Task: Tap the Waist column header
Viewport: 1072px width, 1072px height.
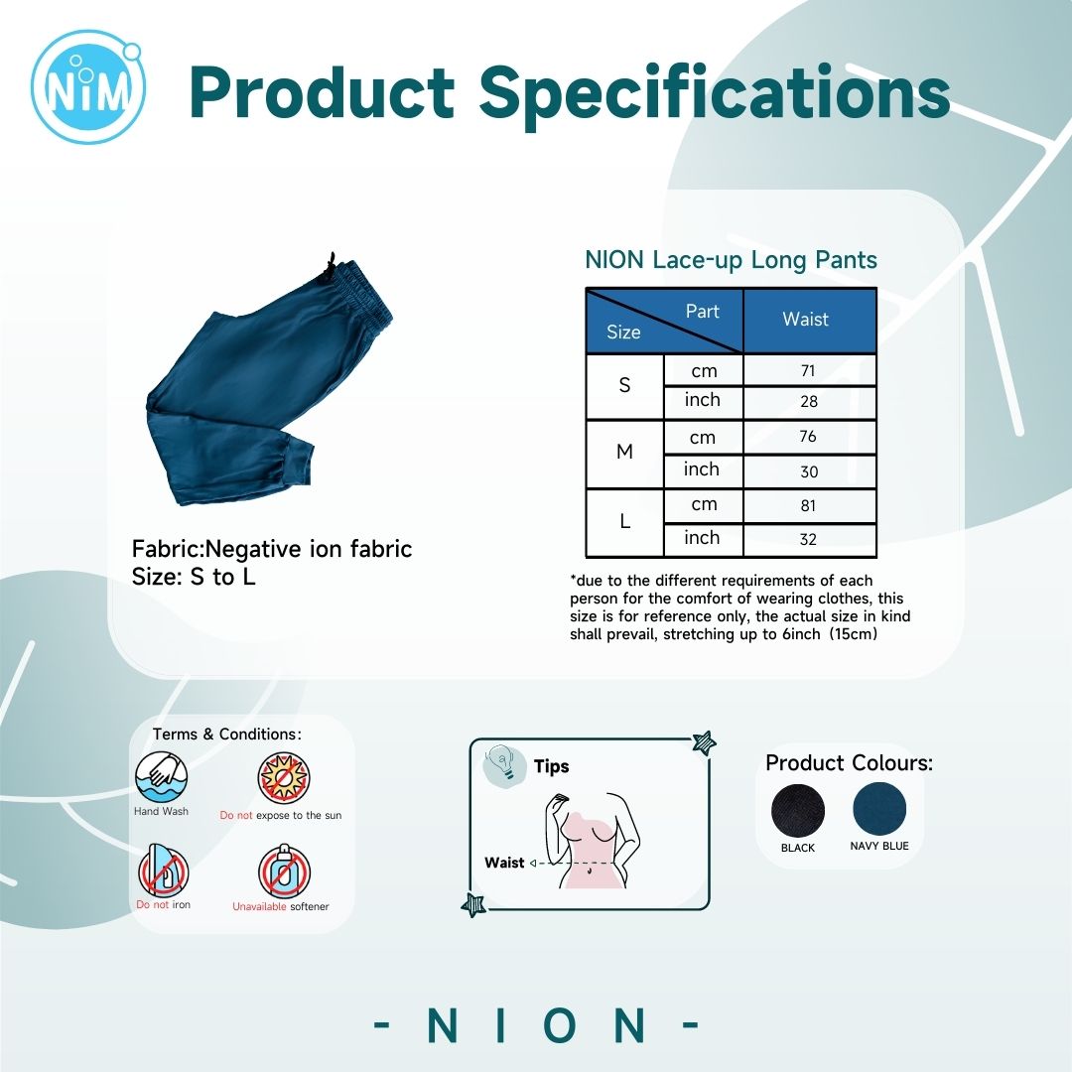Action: [805, 320]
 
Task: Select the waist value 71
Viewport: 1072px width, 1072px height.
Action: [808, 370]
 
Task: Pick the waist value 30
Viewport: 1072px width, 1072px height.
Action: [809, 471]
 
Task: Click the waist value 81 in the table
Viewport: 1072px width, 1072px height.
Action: [808, 505]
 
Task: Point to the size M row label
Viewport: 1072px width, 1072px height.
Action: [624, 452]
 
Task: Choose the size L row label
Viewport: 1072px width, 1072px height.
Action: [625, 522]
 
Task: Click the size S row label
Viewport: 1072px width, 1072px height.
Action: [624, 385]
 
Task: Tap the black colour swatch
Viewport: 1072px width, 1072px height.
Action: [798, 811]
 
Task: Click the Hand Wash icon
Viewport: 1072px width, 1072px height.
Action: [162, 777]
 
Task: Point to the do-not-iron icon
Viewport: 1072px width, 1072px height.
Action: [164, 871]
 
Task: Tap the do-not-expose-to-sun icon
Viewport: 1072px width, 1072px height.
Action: [284, 779]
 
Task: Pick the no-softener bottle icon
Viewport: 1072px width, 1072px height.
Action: [284, 871]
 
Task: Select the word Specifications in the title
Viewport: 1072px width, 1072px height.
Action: [714, 92]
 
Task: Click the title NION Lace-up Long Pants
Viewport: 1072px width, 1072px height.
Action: [731, 260]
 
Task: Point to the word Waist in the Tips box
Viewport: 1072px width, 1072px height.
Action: [504, 863]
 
